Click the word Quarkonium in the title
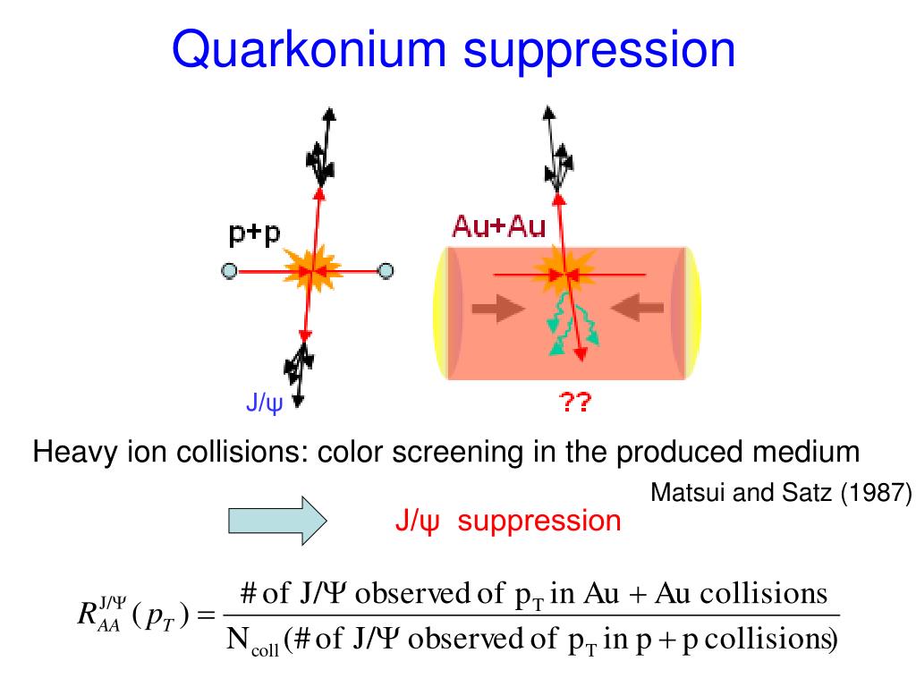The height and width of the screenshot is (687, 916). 309,50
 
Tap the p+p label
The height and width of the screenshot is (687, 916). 255,233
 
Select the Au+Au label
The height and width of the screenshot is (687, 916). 499,226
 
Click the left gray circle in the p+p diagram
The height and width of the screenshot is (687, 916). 230,271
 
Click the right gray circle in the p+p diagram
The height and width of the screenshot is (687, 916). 386,270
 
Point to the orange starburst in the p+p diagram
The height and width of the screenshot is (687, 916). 312,269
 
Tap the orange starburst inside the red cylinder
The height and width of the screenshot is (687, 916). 564,273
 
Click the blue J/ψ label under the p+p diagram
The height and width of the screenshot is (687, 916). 264,403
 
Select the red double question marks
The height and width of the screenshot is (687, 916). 575,402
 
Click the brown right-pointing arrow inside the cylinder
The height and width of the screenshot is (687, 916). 498,309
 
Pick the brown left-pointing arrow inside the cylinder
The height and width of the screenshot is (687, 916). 637,308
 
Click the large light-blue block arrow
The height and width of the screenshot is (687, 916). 277,521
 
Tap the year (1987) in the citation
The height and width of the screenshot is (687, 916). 876,493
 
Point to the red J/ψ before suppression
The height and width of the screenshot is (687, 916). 417,522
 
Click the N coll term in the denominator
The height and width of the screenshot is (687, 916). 252,640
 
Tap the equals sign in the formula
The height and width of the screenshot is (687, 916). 207,615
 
